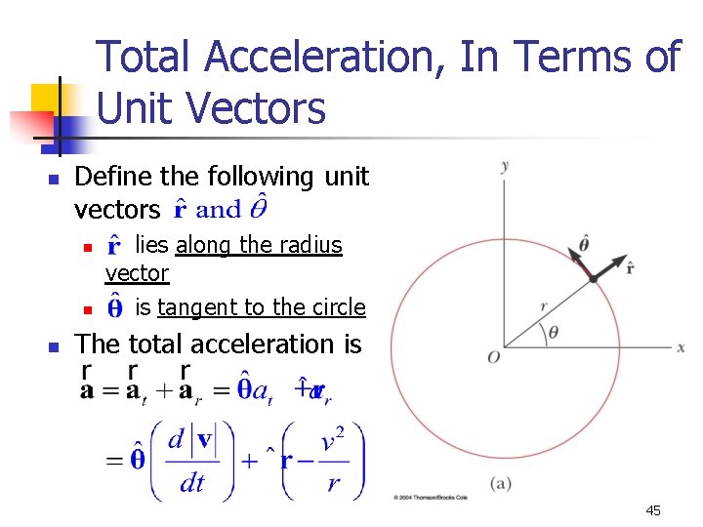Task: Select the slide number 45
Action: pyautogui.click(x=653, y=510)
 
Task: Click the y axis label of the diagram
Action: pyautogui.click(x=505, y=166)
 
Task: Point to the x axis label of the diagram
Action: pyautogui.click(x=681, y=347)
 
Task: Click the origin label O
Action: pyautogui.click(x=494, y=358)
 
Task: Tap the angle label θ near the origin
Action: pyautogui.click(x=553, y=332)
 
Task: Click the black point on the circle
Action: pyautogui.click(x=593, y=279)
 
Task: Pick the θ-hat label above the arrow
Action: pyautogui.click(x=584, y=241)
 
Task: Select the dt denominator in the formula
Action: pyautogui.click(x=192, y=481)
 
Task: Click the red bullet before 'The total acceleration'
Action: pyautogui.click(x=55, y=346)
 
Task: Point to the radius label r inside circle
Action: pyautogui.click(x=543, y=306)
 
